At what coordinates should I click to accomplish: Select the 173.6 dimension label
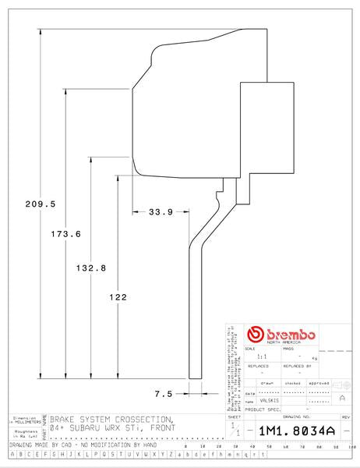(x=66, y=233)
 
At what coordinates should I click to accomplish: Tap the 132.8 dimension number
(x=91, y=268)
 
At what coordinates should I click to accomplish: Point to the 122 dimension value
(x=116, y=297)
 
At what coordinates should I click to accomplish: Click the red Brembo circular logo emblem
(x=252, y=334)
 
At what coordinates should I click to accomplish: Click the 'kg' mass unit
(x=314, y=356)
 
